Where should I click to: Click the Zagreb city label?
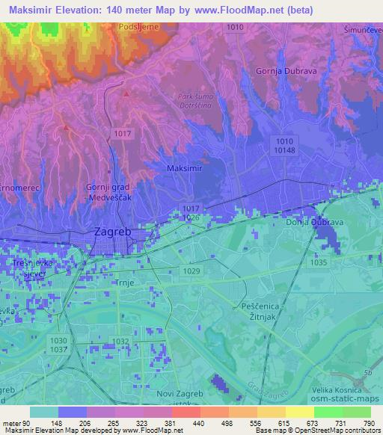(x=112, y=232)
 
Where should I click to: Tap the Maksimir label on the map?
(x=182, y=169)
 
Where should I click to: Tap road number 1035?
(x=317, y=262)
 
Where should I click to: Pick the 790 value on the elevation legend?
(x=367, y=423)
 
